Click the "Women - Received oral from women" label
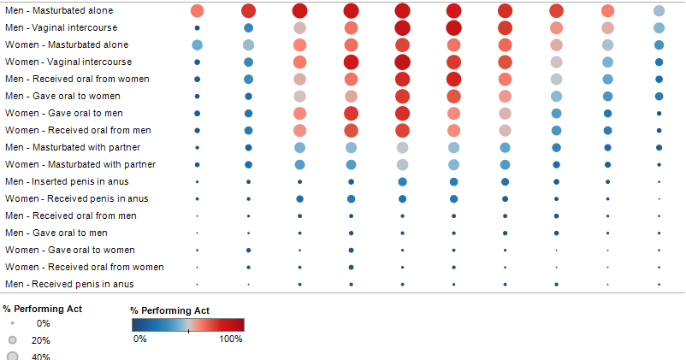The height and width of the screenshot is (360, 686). click(x=84, y=267)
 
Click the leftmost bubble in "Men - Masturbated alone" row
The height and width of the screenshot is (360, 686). click(x=198, y=11)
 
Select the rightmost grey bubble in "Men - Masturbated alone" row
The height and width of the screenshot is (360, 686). click(x=659, y=11)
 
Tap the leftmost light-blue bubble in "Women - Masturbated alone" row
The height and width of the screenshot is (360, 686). click(x=198, y=44)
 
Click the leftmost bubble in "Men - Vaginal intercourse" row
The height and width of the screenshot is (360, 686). click(x=198, y=28)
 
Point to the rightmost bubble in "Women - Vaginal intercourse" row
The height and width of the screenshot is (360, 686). click(x=659, y=62)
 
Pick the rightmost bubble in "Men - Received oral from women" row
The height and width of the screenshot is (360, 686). click(x=659, y=80)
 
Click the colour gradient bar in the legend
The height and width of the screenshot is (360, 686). click(x=188, y=325)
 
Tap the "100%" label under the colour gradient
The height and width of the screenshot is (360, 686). click(x=231, y=339)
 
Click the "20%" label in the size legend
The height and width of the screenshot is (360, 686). click(x=41, y=340)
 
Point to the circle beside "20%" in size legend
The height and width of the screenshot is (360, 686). click(x=12, y=340)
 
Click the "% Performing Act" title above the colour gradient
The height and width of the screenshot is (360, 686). click(x=169, y=310)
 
